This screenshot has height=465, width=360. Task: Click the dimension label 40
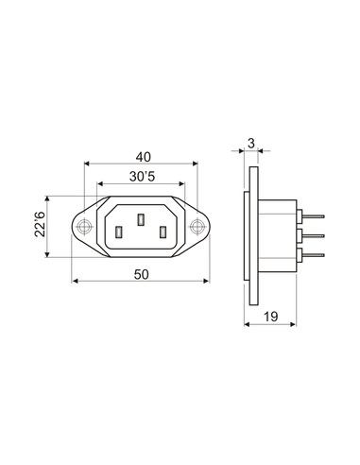(x=144, y=157)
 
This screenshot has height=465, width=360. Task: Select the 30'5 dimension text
(x=142, y=177)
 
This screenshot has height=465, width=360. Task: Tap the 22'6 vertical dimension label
(x=41, y=224)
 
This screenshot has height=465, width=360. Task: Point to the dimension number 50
(x=141, y=274)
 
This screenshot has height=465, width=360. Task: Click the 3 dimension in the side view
(x=251, y=144)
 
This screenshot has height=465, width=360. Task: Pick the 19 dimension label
(x=270, y=317)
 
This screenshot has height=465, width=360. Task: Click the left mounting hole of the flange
(x=84, y=227)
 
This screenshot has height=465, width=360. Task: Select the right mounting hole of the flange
(x=197, y=227)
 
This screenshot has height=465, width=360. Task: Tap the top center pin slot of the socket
(x=141, y=219)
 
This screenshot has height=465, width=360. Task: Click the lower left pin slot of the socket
(x=119, y=232)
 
